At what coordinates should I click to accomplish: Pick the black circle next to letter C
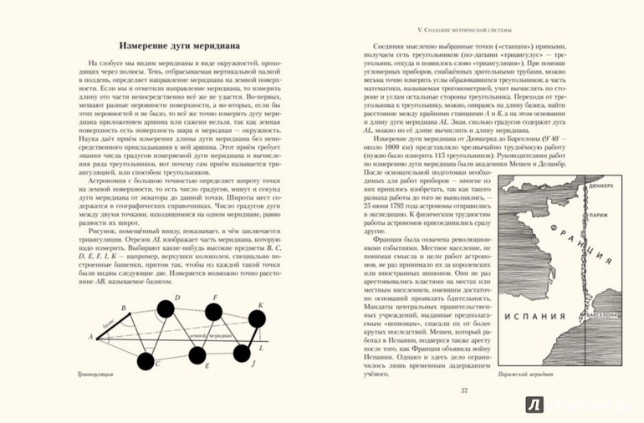(x=146, y=361)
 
